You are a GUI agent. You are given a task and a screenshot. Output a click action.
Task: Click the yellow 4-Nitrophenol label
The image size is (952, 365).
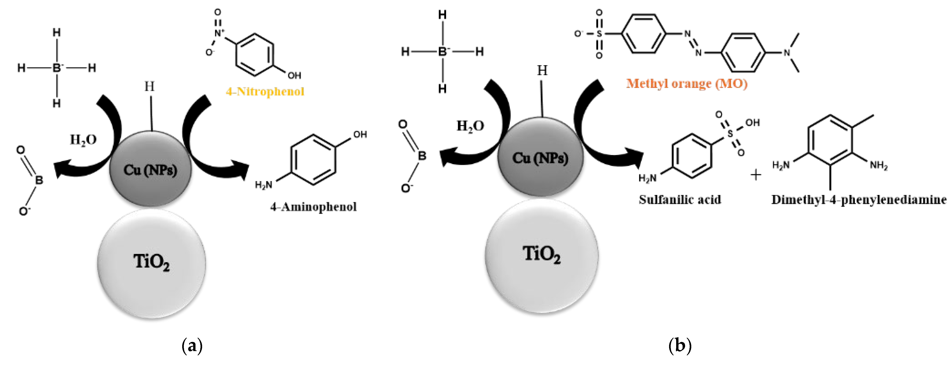[265, 91]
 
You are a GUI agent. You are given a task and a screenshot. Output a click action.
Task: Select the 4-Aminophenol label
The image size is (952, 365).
[313, 207]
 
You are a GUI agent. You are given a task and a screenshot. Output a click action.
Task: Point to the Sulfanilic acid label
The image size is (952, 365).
[680, 200]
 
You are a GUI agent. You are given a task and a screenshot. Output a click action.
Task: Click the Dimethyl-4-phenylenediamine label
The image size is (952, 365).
[859, 200]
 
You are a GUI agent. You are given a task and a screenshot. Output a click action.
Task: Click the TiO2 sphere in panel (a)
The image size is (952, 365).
[152, 263]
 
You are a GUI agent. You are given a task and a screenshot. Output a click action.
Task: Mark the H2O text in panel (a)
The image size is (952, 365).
[84, 139]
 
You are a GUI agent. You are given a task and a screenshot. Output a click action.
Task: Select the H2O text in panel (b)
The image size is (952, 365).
[470, 126]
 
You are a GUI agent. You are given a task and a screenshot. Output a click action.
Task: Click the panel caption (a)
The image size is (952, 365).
[192, 346]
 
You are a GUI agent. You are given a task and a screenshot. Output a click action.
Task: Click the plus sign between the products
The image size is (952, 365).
[756, 175]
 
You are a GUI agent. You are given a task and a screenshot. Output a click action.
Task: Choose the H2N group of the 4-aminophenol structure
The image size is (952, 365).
[263, 184]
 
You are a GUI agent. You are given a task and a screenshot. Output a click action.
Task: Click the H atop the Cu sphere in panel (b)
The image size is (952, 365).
[542, 70]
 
